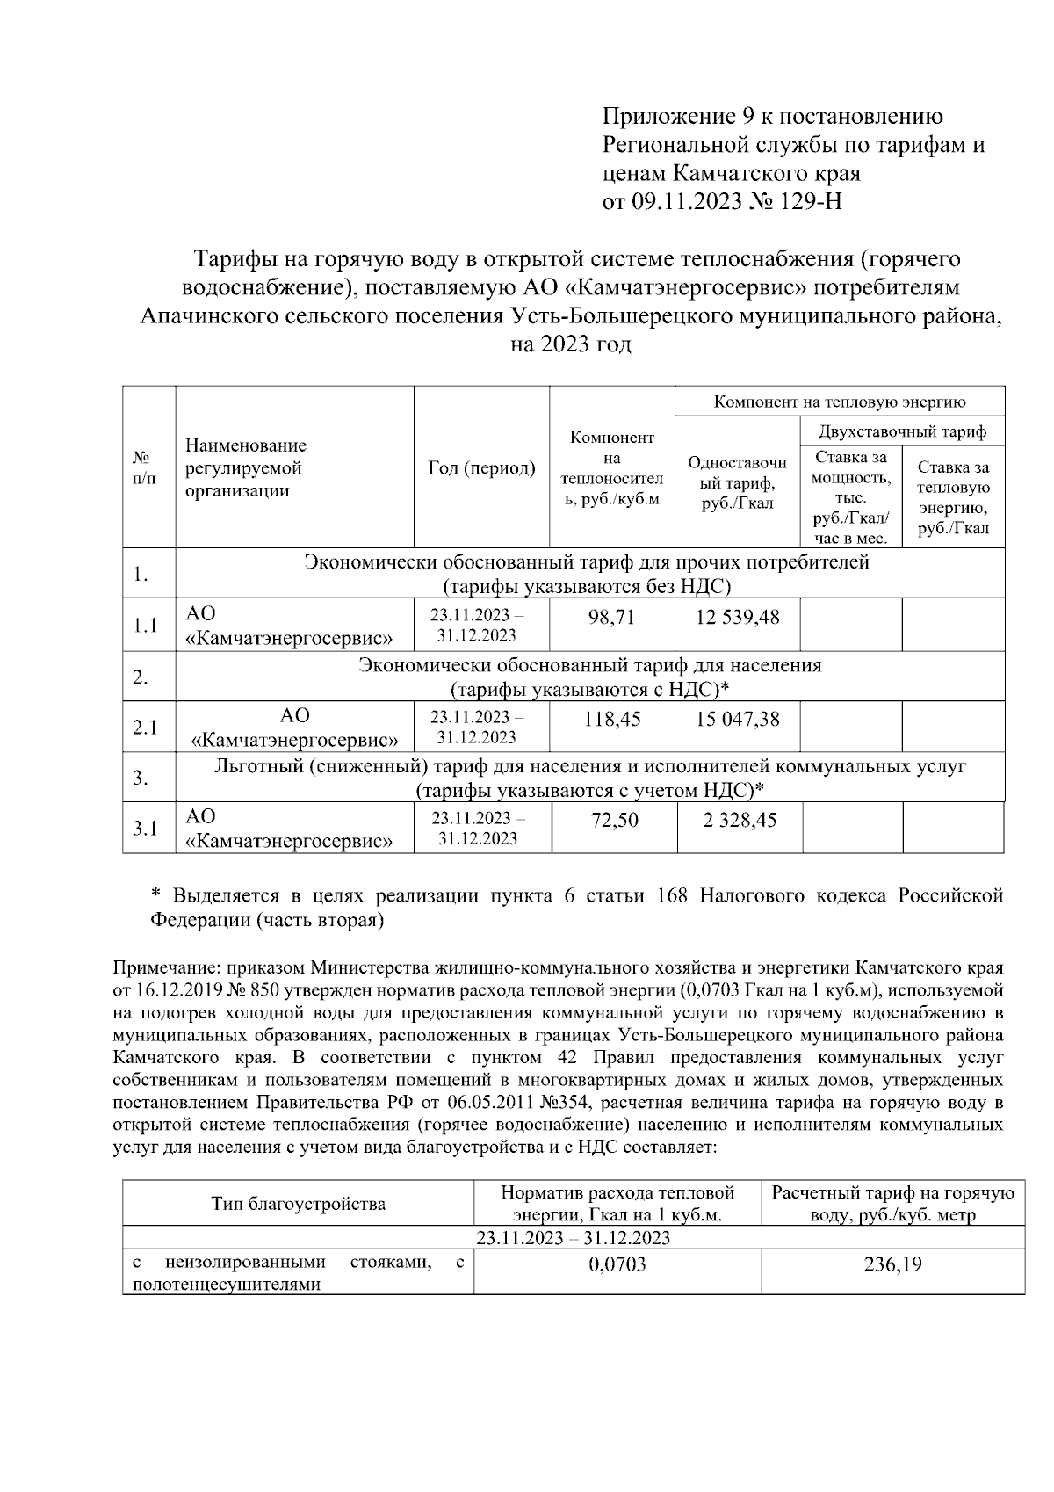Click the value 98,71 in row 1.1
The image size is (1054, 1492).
pos(611,617)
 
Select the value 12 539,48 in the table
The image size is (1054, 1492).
pos(737,617)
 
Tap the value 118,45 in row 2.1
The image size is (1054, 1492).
pos(611,719)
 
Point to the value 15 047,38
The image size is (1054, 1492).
pos(737,719)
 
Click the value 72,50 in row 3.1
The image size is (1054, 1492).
pos(614,820)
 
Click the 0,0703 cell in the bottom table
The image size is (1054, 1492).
pos(617,1264)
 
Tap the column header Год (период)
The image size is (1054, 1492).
pos(481,468)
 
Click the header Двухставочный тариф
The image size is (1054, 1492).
pos(902,431)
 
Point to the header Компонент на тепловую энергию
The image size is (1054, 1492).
pos(840,402)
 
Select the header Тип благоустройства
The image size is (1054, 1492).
pos(298,1203)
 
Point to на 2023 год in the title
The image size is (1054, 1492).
pos(571,344)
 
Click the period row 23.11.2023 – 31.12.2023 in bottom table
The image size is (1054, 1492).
pos(573,1237)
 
